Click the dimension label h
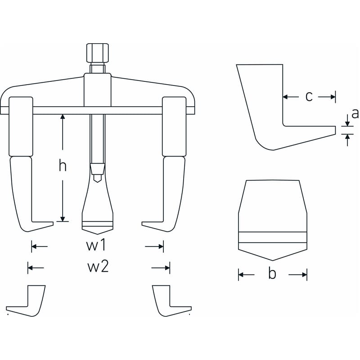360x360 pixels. [63, 166]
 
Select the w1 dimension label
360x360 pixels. [96, 245]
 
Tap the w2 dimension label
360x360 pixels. [98, 267]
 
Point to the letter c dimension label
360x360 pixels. [309, 97]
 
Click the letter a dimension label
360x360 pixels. [355, 113]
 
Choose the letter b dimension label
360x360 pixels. [272, 274]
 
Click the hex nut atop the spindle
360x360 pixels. [97, 53]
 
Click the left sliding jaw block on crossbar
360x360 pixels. [21, 126]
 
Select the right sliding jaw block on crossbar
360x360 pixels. [174, 126]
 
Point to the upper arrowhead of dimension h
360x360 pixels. [63, 117]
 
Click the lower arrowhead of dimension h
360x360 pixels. [63, 219]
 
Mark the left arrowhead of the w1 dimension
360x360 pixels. [34, 247]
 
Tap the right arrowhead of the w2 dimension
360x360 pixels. [167, 268]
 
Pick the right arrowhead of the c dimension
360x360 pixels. [333, 97]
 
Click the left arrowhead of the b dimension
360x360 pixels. [241, 274]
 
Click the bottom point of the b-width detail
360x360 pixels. [273, 261]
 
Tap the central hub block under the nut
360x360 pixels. [97, 90]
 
